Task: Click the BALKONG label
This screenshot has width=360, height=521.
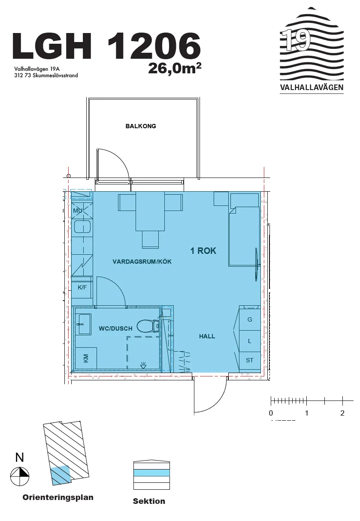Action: (x=141, y=126)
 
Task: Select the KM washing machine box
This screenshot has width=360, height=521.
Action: (x=86, y=358)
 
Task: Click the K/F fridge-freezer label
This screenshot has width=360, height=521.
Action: (x=82, y=287)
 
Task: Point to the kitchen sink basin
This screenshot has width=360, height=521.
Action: (x=82, y=227)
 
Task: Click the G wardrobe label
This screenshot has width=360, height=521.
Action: (x=249, y=319)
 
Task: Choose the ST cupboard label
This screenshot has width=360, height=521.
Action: (x=249, y=360)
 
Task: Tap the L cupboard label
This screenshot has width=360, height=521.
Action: (x=249, y=341)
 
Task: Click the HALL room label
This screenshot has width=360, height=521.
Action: (x=207, y=336)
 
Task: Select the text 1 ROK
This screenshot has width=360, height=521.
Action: (x=203, y=251)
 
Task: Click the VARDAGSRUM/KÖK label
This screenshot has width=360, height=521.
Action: (x=142, y=262)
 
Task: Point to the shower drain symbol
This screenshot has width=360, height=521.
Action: (x=143, y=366)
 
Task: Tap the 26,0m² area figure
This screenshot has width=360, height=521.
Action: (x=175, y=68)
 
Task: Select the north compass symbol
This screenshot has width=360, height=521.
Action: (x=20, y=476)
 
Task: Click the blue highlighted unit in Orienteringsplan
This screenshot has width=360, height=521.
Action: (x=60, y=475)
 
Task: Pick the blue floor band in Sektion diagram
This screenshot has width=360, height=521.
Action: (x=151, y=473)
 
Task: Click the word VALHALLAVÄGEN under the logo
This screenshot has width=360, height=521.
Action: (x=312, y=87)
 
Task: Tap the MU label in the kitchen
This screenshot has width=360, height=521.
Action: (x=78, y=211)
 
